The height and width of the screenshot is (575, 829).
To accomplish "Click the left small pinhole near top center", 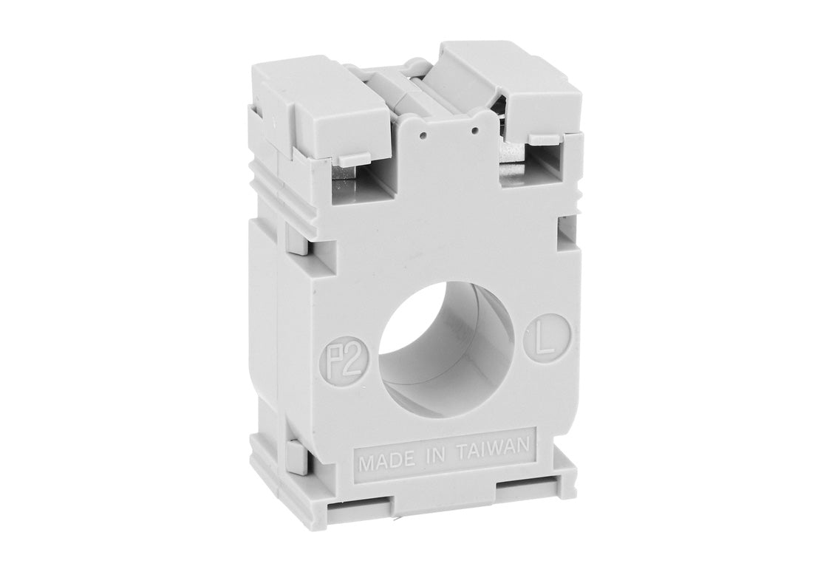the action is pos(423,135).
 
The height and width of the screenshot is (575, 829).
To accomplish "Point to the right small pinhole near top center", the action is pos(474,130).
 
